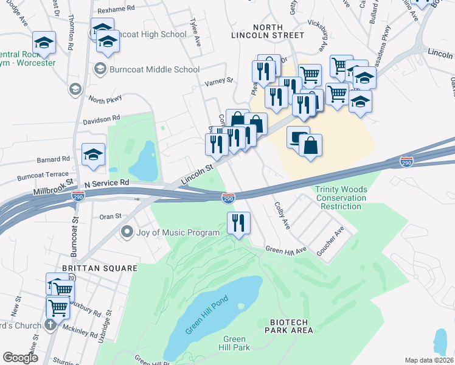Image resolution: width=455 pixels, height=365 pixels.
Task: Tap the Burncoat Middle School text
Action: point(155,69)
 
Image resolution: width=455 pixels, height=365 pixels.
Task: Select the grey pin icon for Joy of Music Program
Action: point(127,232)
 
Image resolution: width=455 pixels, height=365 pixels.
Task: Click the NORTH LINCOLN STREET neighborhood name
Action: point(267,32)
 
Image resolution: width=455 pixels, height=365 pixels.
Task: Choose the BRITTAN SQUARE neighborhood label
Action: point(99,268)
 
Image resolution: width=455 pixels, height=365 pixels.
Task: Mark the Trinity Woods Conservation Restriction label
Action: point(341,198)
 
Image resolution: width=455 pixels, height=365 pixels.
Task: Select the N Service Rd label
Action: point(107,182)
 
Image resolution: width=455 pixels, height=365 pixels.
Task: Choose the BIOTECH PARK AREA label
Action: point(289,325)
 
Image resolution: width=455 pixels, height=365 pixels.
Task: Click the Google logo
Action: point(20,358)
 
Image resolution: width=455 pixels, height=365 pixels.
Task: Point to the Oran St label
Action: point(111,215)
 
